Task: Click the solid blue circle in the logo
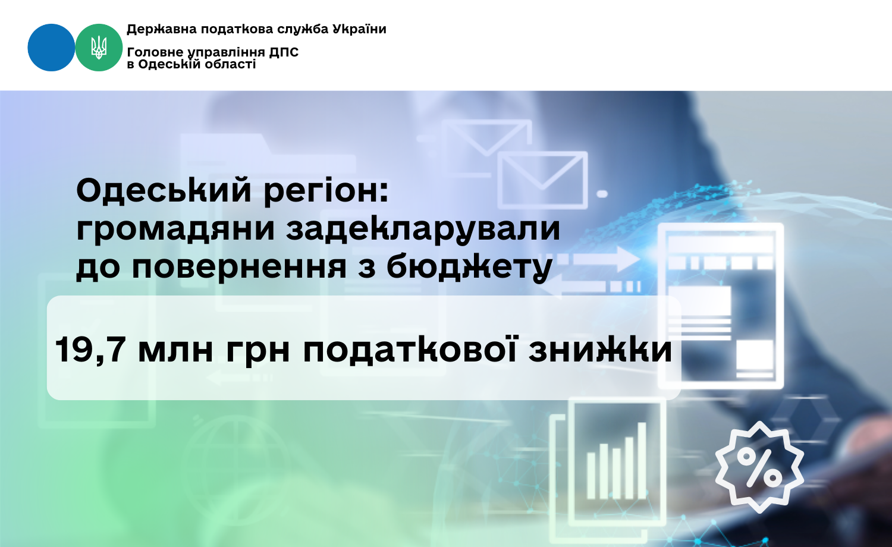point(51,48)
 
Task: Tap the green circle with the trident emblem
point(99,48)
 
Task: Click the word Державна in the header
point(162,30)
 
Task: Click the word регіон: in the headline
point(326,191)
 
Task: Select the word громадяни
point(175,230)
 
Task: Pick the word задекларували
point(423,230)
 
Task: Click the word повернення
point(239,267)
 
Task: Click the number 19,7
point(90,350)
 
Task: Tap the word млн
point(175,351)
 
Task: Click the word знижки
point(600,351)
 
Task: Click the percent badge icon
point(759,467)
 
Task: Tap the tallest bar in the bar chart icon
point(642,460)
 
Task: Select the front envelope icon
point(543,180)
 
